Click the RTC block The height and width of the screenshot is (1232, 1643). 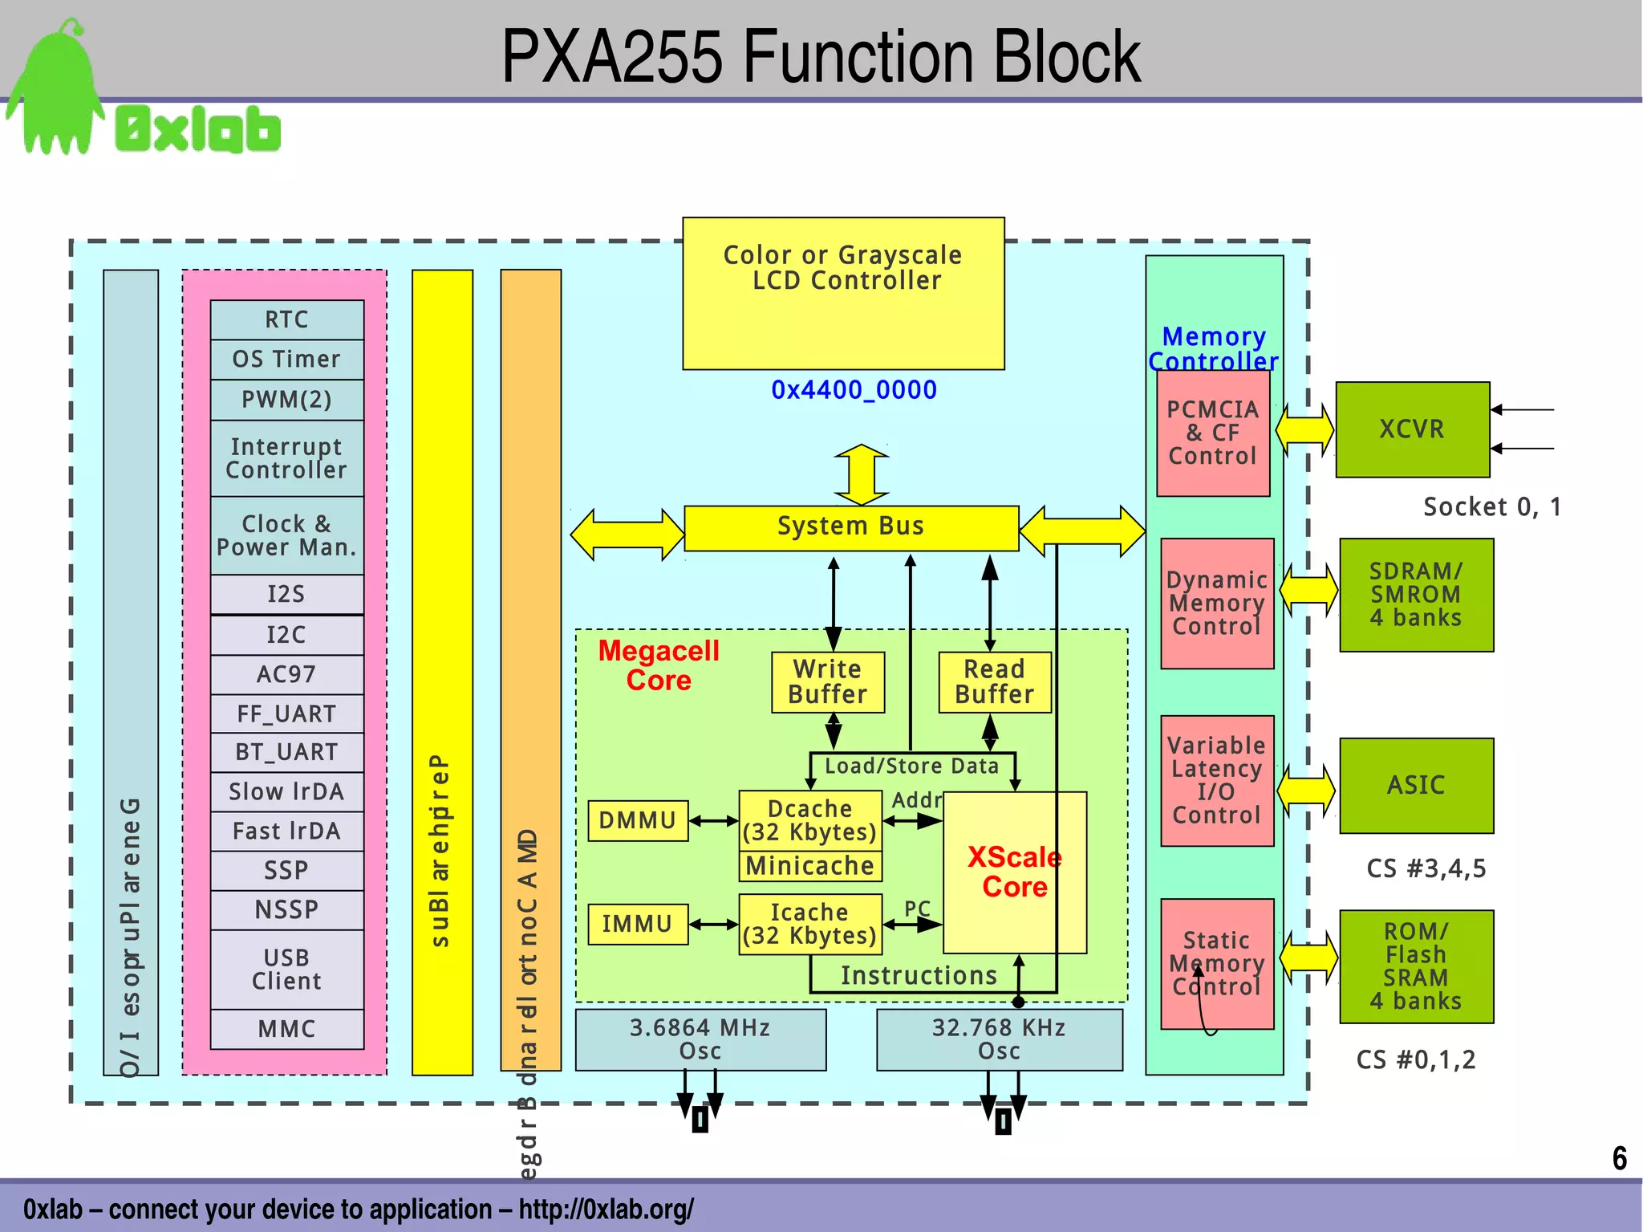pos(286,319)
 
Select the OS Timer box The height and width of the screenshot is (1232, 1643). pos(286,359)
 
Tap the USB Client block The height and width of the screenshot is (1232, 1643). pos(286,970)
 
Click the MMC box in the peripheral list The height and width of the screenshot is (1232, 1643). pos(286,1029)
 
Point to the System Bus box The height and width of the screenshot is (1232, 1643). pos(850,527)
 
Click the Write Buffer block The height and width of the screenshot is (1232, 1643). pos(827,681)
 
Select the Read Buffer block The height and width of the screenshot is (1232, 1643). pos(994,681)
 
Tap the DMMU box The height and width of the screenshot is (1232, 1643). pos(638,820)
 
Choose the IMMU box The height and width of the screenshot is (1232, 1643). pos(638,924)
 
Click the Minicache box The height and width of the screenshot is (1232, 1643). pos(809,866)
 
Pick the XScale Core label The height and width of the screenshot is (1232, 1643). pos(1014,872)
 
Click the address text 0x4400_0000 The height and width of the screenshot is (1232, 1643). pos(854,390)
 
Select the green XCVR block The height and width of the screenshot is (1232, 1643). pos(1412,429)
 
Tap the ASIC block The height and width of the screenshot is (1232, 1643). pos(1416,785)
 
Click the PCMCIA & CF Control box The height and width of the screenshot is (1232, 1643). pos(1212,433)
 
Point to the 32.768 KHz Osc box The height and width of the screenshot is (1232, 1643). pos(999,1039)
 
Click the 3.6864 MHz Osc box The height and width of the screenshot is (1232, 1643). pos(700,1039)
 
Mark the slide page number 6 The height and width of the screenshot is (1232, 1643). pos(1619,1158)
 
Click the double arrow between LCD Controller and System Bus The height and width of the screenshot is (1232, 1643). pos(861,474)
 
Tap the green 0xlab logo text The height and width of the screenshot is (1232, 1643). pos(197,130)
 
